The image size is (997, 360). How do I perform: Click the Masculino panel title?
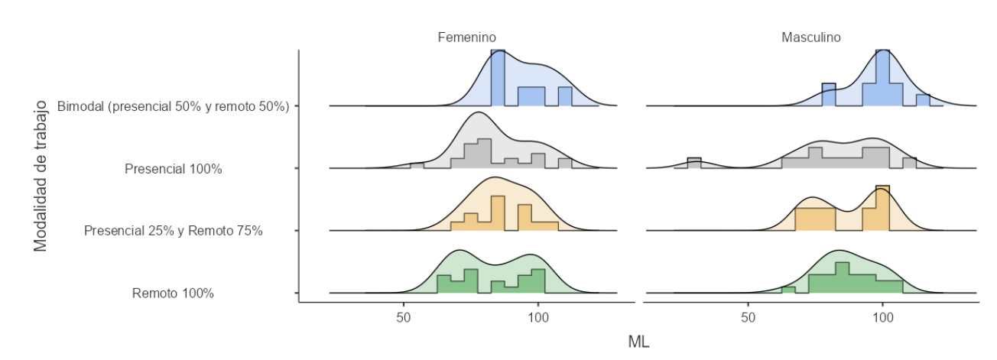tap(811, 37)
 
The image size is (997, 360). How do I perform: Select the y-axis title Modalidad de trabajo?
tap(42, 175)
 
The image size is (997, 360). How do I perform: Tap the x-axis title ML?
tap(638, 342)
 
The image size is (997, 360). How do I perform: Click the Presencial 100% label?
tap(174, 169)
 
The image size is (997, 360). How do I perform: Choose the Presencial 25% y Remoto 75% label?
tap(174, 231)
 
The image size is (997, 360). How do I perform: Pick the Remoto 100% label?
tap(174, 293)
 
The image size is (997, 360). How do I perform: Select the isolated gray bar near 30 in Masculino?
tap(694, 163)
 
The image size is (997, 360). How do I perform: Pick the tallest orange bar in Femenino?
tap(498, 213)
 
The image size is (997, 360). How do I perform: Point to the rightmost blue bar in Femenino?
tap(565, 97)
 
